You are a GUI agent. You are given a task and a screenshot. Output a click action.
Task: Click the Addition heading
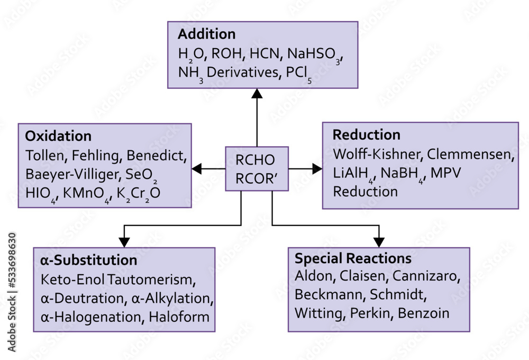206,34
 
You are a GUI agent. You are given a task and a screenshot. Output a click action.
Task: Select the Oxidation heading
58,136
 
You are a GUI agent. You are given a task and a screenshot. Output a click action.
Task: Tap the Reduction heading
366,134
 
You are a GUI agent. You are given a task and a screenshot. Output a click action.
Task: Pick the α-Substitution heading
88,260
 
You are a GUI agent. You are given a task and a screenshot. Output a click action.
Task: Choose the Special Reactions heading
353,258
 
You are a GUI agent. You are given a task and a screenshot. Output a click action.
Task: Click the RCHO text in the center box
255,160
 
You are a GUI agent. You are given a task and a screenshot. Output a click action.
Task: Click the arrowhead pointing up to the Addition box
257,94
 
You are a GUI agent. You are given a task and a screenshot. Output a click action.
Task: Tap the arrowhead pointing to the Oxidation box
197,169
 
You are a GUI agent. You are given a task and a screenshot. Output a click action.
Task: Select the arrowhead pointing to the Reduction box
316,169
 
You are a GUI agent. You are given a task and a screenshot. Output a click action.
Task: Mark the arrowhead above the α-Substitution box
124,241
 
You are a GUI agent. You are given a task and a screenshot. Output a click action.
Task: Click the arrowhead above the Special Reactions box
379,241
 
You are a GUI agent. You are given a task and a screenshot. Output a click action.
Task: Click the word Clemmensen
470,155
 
